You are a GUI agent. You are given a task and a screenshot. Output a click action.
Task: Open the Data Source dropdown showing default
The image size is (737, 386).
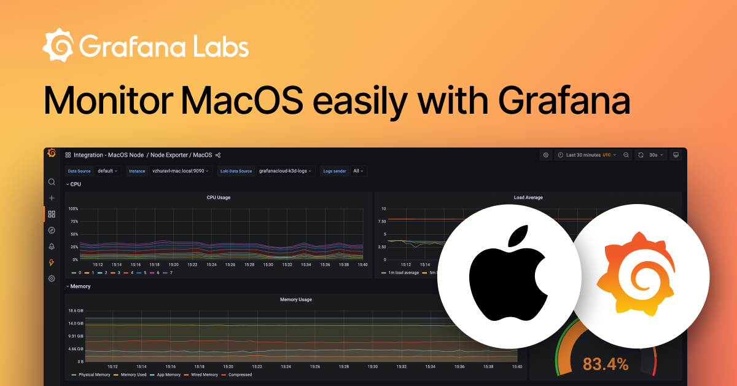108,171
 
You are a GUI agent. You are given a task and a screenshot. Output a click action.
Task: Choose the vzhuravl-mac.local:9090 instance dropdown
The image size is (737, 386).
181,171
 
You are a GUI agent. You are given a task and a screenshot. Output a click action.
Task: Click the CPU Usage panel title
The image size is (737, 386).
219,197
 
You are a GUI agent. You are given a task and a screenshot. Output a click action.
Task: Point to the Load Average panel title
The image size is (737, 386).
528,197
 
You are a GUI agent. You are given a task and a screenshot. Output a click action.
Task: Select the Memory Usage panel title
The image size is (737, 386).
295,299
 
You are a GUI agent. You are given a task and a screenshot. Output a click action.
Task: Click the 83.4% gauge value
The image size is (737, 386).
606,364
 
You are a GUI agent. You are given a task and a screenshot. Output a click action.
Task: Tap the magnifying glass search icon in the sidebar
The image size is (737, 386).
52,182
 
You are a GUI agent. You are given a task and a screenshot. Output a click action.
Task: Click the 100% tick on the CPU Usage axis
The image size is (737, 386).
73,209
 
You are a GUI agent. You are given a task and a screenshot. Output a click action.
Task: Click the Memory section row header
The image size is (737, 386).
80,286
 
